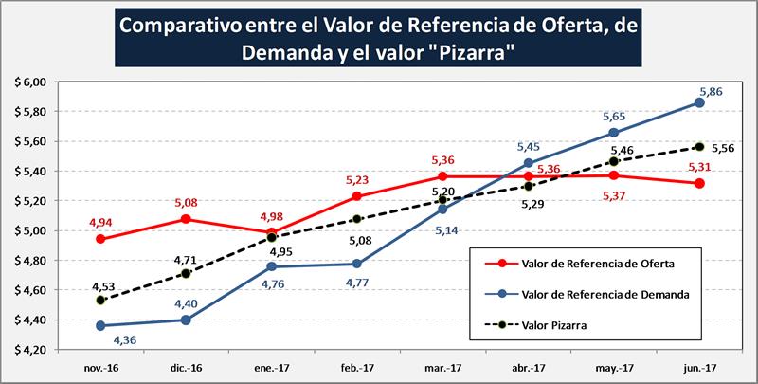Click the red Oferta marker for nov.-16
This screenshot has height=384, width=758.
pyautogui.click(x=100, y=239)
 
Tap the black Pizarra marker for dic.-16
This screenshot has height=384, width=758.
pyautogui.click(x=186, y=273)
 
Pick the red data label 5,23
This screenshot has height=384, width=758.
pyautogui.click(x=356, y=179)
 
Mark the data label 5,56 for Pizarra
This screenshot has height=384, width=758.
pyautogui.click(x=723, y=149)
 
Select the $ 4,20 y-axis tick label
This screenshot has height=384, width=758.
pyautogui.click(x=30, y=350)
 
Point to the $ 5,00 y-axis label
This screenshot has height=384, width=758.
pyautogui.click(x=30, y=230)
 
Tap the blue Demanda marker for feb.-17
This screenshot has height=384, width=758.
pyautogui.click(x=357, y=264)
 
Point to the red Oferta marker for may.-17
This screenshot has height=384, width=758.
pyautogui.click(x=614, y=175)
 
